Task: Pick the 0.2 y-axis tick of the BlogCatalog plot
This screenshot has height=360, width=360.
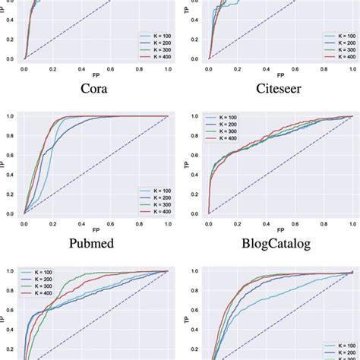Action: click(x=196, y=194)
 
